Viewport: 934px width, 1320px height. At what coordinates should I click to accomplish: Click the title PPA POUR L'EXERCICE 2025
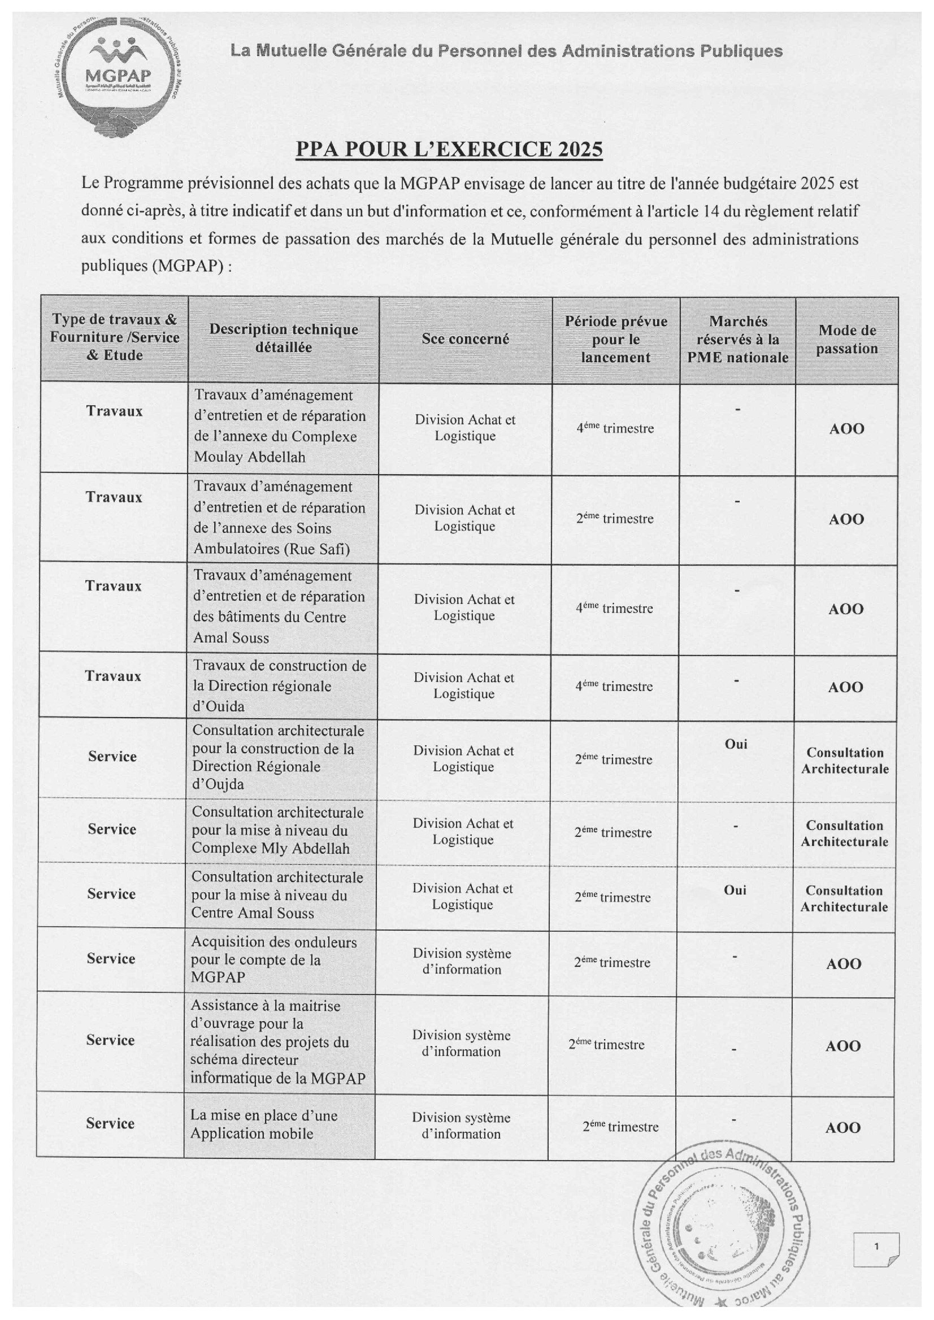pos(449,149)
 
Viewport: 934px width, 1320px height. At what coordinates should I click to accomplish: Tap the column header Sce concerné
pos(465,339)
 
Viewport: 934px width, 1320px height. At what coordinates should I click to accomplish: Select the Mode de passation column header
pos(846,339)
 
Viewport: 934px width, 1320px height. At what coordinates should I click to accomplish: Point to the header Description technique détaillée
pos(284,338)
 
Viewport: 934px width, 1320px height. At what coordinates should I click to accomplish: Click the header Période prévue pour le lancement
pos(616,339)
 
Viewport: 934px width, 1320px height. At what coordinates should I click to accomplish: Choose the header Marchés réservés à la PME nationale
pos(738,339)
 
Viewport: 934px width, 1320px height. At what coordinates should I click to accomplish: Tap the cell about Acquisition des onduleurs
pos(273,959)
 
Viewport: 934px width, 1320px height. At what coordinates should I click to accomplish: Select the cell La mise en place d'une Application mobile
pos(264,1124)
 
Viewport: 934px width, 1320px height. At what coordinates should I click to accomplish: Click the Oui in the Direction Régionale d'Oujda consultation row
pos(736,744)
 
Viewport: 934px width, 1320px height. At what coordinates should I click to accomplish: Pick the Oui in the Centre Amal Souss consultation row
pos(735,890)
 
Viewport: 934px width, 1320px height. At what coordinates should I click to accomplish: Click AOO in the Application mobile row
pos(842,1127)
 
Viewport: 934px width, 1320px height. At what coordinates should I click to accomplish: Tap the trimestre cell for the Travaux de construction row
pos(614,686)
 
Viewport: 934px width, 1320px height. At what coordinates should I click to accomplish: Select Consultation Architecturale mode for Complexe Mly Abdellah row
pos(844,833)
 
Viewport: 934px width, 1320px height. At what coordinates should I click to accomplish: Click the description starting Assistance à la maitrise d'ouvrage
pos(278,1041)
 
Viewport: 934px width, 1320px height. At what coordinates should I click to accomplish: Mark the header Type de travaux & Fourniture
pos(115,337)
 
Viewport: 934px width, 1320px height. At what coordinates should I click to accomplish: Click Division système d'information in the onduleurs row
pos(462,961)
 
